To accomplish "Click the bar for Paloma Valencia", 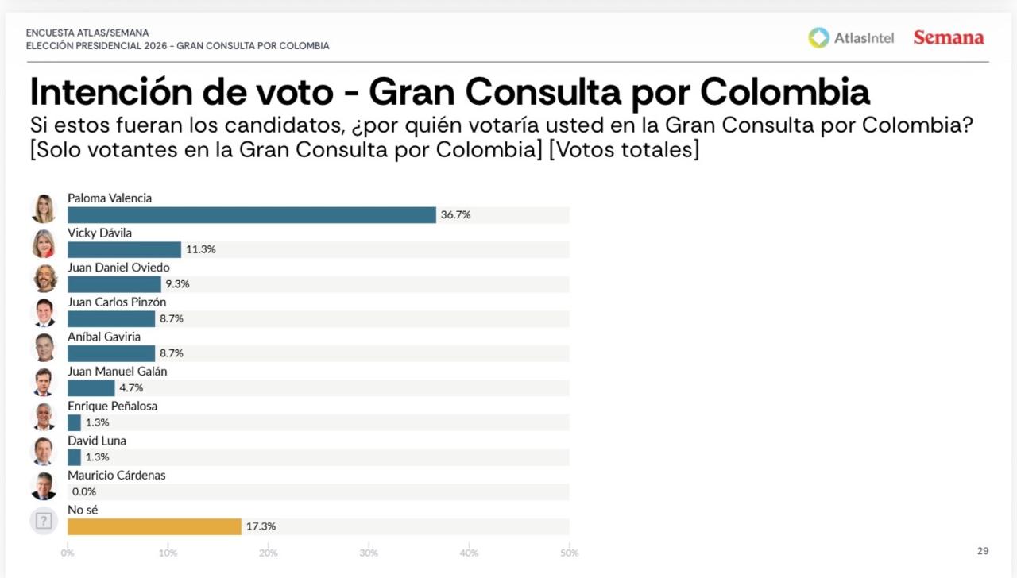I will click(252, 215).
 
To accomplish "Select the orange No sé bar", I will click(154, 526).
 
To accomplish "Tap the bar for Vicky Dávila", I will click(125, 249).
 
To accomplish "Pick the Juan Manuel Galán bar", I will click(91, 388).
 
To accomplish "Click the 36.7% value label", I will click(455, 215).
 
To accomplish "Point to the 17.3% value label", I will click(261, 526).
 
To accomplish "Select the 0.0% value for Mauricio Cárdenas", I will click(84, 491).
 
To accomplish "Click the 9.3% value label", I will click(177, 284).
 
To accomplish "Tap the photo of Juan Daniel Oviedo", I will click(44, 278).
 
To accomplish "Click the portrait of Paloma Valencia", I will click(44, 209).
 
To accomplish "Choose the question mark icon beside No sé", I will click(44, 521).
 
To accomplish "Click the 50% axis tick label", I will click(569, 553).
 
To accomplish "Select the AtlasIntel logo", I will click(851, 37).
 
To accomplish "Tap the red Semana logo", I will click(948, 37).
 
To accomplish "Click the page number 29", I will click(983, 551).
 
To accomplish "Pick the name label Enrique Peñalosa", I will click(112, 406).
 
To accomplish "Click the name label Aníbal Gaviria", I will click(104, 337).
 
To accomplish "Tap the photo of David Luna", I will click(44, 451).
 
